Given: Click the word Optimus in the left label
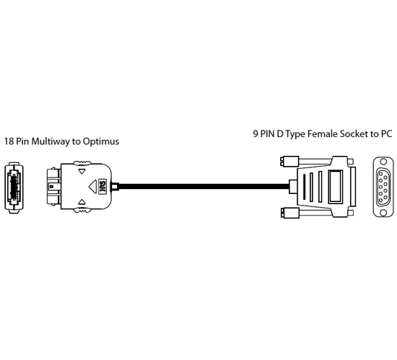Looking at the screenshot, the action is [x=101, y=141].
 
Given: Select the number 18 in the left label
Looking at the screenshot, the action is [x=9, y=141].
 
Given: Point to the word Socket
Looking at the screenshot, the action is [x=354, y=133].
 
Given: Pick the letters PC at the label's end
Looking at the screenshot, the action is [x=386, y=133].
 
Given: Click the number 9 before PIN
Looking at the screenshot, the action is [x=256, y=133].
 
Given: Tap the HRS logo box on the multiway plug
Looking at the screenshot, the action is [x=102, y=187].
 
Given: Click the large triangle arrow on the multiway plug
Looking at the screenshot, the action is [x=92, y=187].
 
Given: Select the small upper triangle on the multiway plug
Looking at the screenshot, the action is [x=82, y=171].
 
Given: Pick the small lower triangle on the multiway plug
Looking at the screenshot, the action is [x=82, y=202].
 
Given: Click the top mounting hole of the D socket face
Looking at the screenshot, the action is [x=383, y=161].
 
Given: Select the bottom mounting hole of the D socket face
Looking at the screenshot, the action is [x=383, y=213].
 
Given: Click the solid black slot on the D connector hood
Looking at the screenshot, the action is [x=303, y=187].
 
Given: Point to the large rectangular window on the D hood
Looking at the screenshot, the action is [x=336, y=187].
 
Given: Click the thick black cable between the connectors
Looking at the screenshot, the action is [x=204, y=187].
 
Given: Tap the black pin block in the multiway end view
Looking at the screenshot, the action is [x=14, y=187].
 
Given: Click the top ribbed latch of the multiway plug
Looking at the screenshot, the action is [x=82, y=163].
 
